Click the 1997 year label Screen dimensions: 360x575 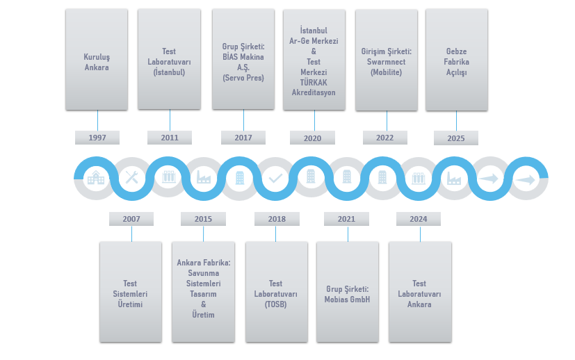(x=97, y=138)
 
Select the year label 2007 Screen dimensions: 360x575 (x=131, y=219)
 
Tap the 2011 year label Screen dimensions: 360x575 (x=170, y=138)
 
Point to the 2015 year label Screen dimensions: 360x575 (x=203, y=219)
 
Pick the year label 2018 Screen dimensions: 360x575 (x=277, y=219)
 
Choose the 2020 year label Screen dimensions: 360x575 (x=312, y=138)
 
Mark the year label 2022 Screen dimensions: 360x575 (x=384, y=138)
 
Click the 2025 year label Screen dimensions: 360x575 (x=456, y=138)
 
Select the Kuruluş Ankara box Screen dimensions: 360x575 (x=97, y=59)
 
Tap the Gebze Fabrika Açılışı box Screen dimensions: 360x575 (x=456, y=60)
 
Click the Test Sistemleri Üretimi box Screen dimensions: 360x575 (x=131, y=292)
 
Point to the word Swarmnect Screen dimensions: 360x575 (x=387, y=62)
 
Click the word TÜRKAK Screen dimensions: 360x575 (x=314, y=82)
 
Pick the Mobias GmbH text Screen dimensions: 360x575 (x=348, y=300)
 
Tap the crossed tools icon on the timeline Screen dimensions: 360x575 (x=131, y=178)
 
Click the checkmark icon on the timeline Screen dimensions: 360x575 (x=275, y=178)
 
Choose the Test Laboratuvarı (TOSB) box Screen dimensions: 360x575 (x=276, y=292)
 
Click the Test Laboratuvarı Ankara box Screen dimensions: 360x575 (x=419, y=292)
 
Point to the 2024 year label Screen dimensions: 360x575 (x=419, y=219)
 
